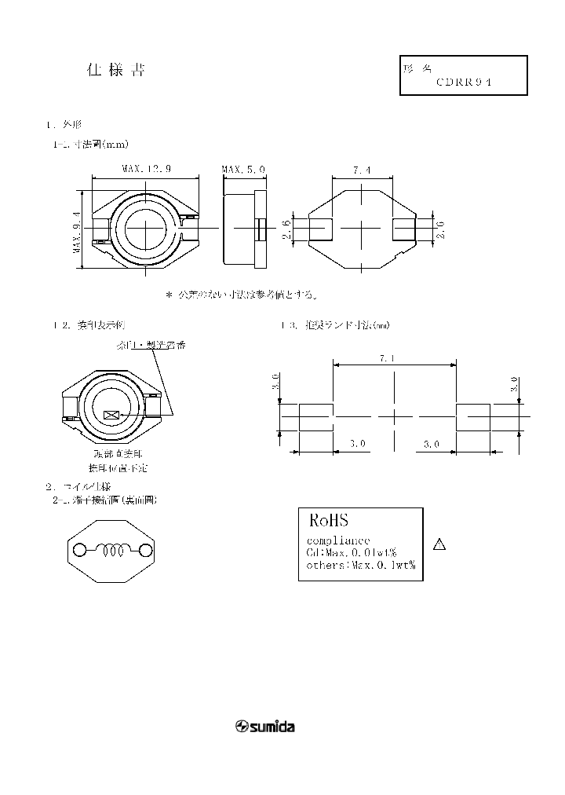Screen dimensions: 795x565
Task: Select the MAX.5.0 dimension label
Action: [x=243, y=169]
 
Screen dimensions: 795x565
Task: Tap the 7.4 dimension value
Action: [x=362, y=169]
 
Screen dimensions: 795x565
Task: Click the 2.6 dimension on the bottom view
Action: [x=287, y=229]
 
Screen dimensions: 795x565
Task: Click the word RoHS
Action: [x=328, y=520]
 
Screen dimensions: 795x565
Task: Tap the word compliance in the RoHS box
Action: [x=337, y=540]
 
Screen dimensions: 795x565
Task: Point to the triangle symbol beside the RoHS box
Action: [x=440, y=545]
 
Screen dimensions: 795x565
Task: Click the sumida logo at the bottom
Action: [x=265, y=727]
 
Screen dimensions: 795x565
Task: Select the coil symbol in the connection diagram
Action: [x=111, y=551]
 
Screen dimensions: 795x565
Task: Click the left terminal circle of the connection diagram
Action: [x=79, y=551]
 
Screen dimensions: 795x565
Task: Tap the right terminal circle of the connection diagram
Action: [x=144, y=551]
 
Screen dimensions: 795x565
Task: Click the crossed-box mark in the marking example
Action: [x=111, y=414]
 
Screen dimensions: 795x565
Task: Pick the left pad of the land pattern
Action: [x=315, y=417]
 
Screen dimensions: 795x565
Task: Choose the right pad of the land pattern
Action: [x=472, y=417]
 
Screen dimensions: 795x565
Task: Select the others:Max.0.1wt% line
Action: [x=360, y=564]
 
